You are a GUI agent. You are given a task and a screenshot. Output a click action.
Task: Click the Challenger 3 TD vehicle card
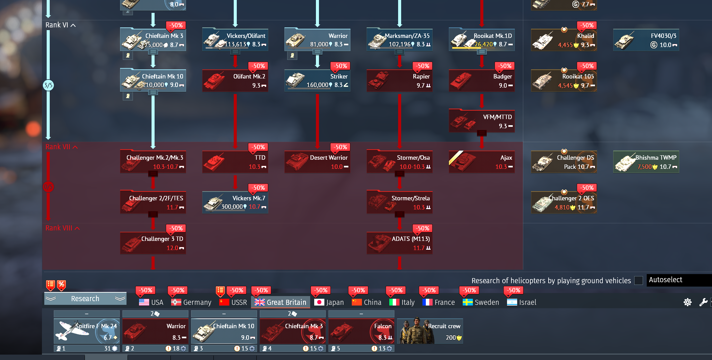(x=153, y=243)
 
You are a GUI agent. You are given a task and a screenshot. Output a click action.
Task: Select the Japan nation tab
(x=329, y=302)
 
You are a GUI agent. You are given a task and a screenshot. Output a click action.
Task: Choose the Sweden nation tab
(x=481, y=302)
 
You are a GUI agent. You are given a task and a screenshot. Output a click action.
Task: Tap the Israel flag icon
(x=512, y=302)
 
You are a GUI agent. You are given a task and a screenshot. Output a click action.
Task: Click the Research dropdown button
(x=85, y=298)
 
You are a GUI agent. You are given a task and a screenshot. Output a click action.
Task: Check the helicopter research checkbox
(x=638, y=280)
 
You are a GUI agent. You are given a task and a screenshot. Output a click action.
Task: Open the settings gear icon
(x=687, y=302)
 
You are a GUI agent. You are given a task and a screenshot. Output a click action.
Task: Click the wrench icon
(x=703, y=302)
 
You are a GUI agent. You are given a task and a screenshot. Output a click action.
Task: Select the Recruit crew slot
(x=430, y=331)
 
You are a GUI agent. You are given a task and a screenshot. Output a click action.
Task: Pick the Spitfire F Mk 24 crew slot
(x=87, y=331)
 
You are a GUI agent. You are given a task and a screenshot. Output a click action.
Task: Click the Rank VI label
(x=57, y=25)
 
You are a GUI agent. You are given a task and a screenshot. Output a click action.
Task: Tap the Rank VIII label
(x=59, y=228)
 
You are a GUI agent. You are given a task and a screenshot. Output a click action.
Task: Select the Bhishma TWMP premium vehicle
(x=646, y=162)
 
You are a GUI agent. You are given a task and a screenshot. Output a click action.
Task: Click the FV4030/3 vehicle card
(x=646, y=40)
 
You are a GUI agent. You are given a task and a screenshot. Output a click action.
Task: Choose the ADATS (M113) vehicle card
(x=399, y=243)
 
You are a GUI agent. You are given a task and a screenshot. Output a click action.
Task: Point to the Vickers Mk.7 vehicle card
(x=235, y=202)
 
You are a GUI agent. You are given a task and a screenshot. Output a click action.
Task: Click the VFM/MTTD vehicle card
(x=482, y=121)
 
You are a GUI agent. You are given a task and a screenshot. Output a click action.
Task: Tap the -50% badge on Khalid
(x=587, y=25)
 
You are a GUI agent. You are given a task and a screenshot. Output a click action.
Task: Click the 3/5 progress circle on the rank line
(x=48, y=85)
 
